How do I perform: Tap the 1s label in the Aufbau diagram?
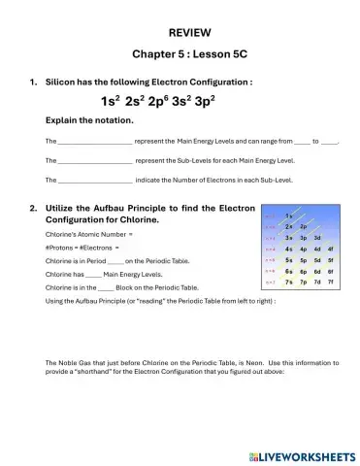pyautogui.click(x=290, y=215)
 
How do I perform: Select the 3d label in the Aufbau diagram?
pyautogui.click(x=317, y=238)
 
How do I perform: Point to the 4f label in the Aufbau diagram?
pyautogui.click(x=331, y=250)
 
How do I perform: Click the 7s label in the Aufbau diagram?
pyautogui.click(x=290, y=283)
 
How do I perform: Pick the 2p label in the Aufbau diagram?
pyautogui.click(x=304, y=226)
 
